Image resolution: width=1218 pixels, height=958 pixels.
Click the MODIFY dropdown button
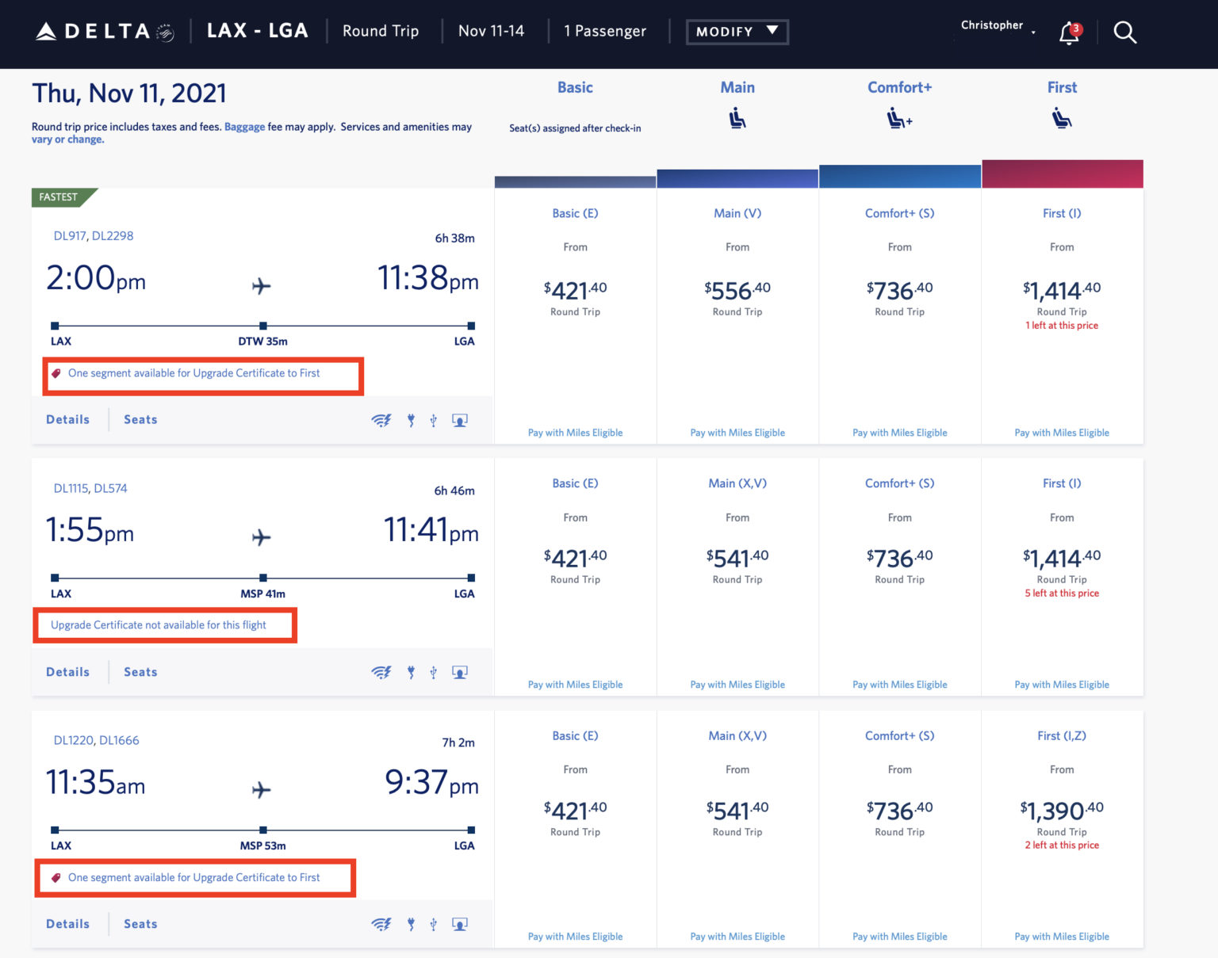coord(737,32)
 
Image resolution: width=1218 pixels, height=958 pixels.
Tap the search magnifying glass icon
coord(1124,32)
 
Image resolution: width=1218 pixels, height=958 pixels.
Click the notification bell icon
coord(1069,33)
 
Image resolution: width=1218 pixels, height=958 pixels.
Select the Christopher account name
coord(992,25)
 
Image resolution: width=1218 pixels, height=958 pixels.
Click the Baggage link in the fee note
coord(244,127)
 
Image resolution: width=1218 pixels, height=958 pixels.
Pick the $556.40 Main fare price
coord(737,291)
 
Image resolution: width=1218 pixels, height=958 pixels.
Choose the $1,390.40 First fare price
coord(1061,811)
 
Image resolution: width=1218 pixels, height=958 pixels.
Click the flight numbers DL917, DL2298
coord(94,236)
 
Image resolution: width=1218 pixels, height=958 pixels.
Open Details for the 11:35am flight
coord(67,924)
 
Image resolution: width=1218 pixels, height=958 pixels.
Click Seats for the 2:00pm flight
coord(140,420)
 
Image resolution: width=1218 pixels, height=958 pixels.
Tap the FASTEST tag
coord(59,197)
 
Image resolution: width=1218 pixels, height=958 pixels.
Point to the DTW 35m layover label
coord(262,342)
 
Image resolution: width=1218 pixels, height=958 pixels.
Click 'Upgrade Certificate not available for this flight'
coord(159,625)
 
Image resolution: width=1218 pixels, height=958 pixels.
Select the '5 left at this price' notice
coord(1062,594)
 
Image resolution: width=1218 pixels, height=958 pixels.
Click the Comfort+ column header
coord(899,88)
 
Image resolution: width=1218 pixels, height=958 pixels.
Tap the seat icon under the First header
coord(1062,120)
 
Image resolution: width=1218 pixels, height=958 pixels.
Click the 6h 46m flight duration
coord(454,490)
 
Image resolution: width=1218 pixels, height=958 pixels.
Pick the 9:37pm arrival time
coord(431,783)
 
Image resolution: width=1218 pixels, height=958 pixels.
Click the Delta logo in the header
coord(105,32)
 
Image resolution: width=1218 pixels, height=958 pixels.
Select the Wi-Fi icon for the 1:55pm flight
coord(381,672)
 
